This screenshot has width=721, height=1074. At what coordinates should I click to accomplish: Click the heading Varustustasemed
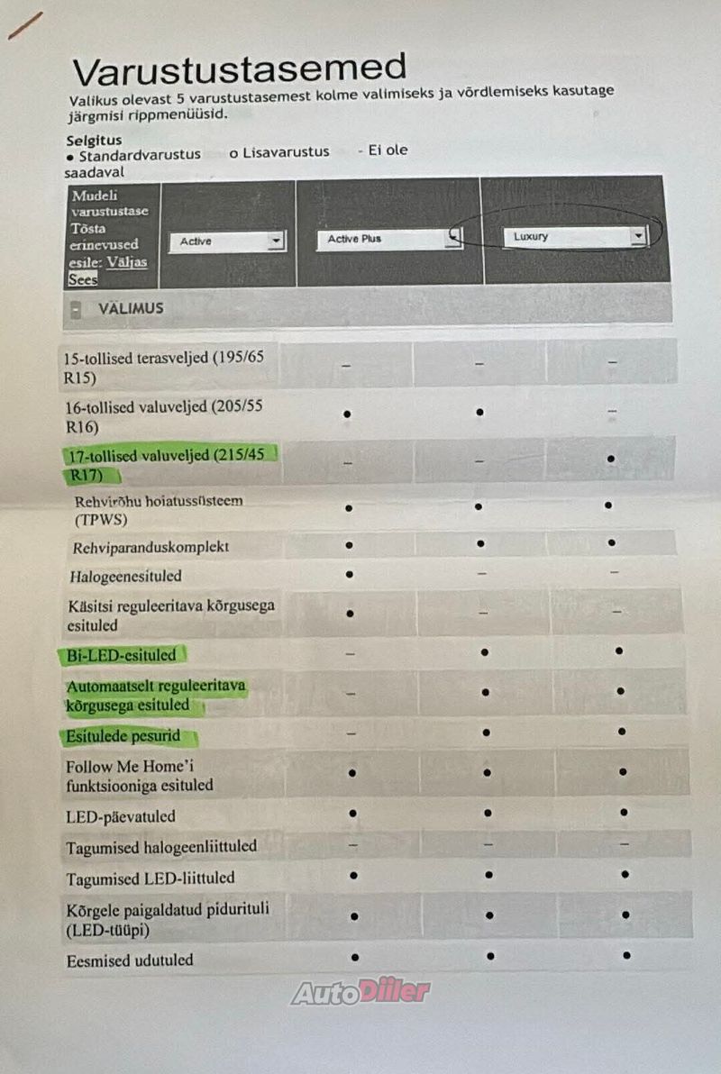pyautogui.click(x=239, y=68)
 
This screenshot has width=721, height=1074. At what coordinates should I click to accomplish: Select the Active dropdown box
pyautogui.click(x=227, y=241)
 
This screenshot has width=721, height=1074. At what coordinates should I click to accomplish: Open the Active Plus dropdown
pyautogui.click(x=388, y=239)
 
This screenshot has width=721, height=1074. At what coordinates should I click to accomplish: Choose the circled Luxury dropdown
pyautogui.click(x=574, y=237)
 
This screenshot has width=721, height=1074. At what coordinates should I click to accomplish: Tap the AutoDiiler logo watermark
pyautogui.click(x=360, y=992)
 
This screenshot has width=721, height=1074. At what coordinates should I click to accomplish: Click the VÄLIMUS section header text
pyautogui.click(x=131, y=308)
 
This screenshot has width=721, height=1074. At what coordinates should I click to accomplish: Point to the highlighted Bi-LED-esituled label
pyautogui.click(x=122, y=655)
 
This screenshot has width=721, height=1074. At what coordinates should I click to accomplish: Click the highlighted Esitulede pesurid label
pyautogui.click(x=123, y=736)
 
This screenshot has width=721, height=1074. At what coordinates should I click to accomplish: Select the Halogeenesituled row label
pyautogui.click(x=125, y=575)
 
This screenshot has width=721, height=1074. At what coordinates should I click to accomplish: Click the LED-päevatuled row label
pyautogui.click(x=121, y=816)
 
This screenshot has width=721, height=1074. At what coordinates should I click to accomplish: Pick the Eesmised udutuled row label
pyautogui.click(x=130, y=960)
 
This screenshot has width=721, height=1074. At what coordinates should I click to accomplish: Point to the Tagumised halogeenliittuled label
pyautogui.click(x=161, y=847)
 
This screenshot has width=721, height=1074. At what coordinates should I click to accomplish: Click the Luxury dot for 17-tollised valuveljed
pyautogui.click(x=611, y=459)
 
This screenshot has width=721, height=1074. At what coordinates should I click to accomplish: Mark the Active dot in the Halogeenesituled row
pyautogui.click(x=349, y=573)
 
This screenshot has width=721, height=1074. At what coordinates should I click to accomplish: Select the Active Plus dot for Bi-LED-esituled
pyautogui.click(x=485, y=651)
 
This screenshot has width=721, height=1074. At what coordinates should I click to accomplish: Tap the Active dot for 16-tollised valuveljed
pyautogui.click(x=347, y=414)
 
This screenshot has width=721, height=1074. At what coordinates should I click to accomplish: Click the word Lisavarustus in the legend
pyautogui.click(x=285, y=153)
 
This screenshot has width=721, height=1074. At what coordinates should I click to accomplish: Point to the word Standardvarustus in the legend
pyautogui.click(x=140, y=155)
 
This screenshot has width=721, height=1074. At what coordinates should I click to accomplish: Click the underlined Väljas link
pyautogui.click(x=126, y=262)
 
